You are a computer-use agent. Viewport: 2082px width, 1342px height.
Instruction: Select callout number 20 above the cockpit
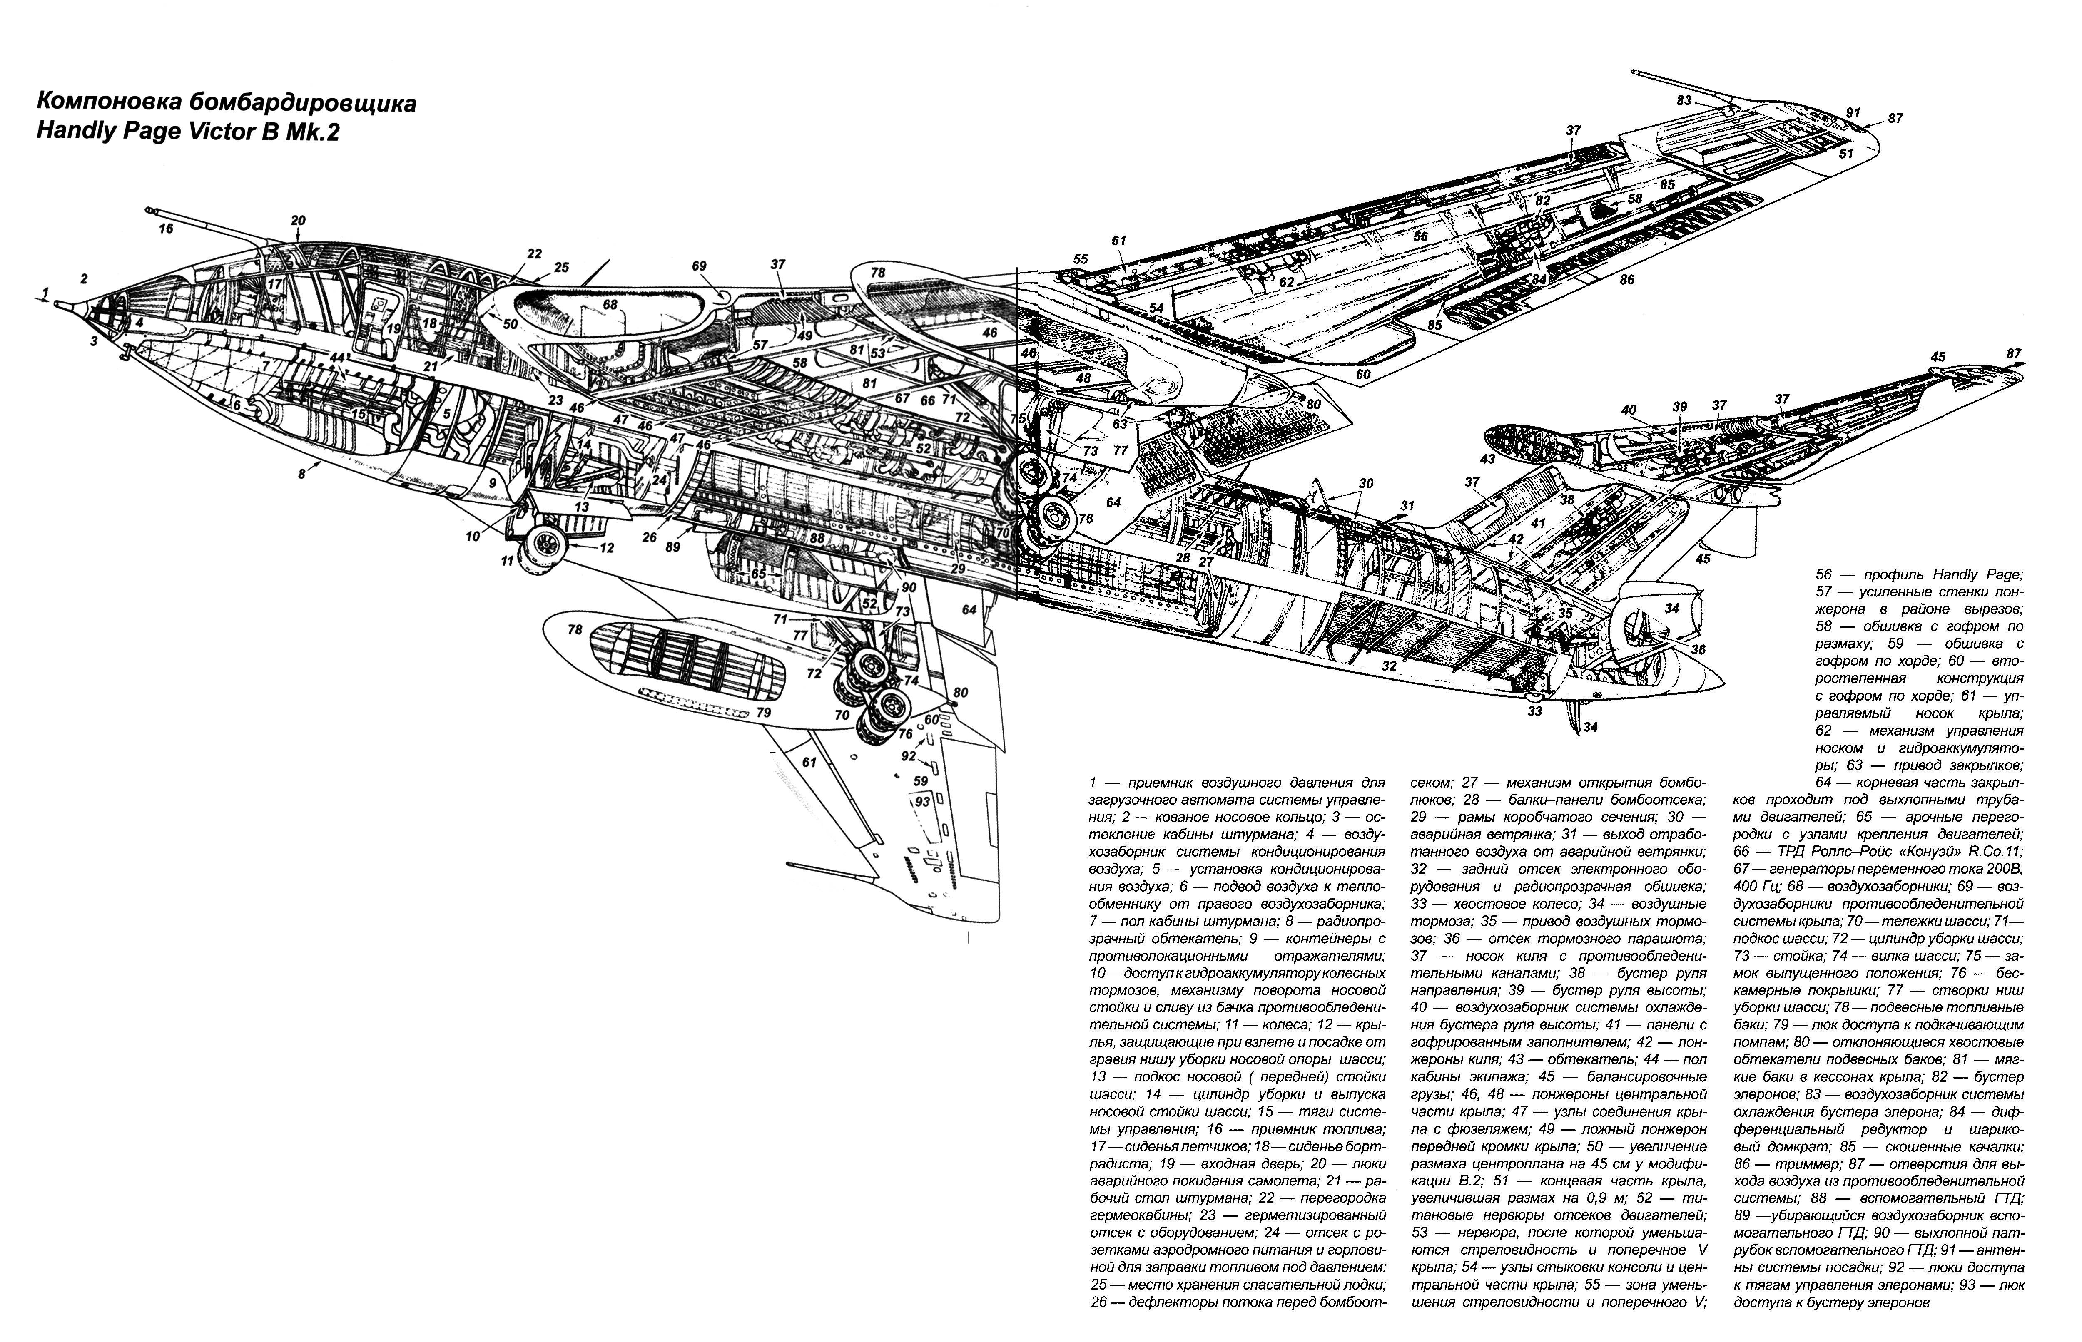click(298, 221)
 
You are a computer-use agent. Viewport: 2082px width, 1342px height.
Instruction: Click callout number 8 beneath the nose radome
click(302, 474)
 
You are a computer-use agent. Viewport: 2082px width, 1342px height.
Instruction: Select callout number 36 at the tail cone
click(1698, 649)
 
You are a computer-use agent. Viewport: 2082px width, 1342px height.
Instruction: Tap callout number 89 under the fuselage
click(672, 547)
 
